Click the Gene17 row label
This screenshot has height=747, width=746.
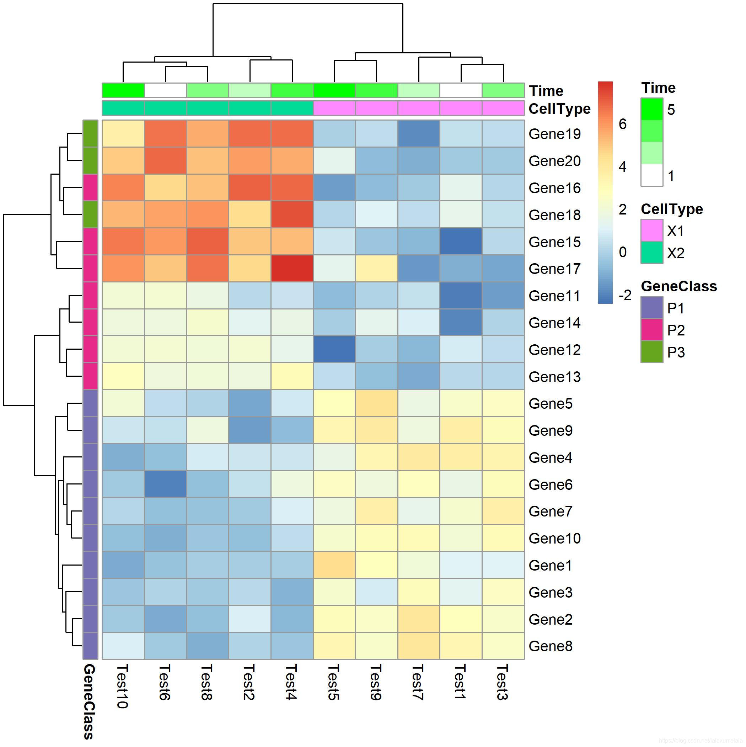554,269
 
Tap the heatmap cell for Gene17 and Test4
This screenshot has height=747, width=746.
292,268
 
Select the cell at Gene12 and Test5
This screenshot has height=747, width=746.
334,349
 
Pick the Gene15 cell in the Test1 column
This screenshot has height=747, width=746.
461,241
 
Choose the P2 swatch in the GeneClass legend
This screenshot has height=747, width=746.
652,330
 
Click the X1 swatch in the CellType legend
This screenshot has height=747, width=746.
652,231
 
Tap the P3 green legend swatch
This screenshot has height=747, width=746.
652,352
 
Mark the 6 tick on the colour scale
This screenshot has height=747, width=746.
622,124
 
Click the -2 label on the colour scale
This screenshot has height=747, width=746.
625,295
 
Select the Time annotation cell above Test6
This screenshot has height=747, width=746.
165,90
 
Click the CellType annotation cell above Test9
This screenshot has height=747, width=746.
377,108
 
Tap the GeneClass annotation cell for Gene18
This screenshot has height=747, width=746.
90,214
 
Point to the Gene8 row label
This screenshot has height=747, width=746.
550,646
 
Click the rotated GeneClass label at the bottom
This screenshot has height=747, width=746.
89,701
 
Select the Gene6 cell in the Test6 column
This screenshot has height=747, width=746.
165,484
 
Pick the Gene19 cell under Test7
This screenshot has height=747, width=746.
419,133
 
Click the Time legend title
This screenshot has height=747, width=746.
658,88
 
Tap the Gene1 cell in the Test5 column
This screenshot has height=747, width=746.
334,565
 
